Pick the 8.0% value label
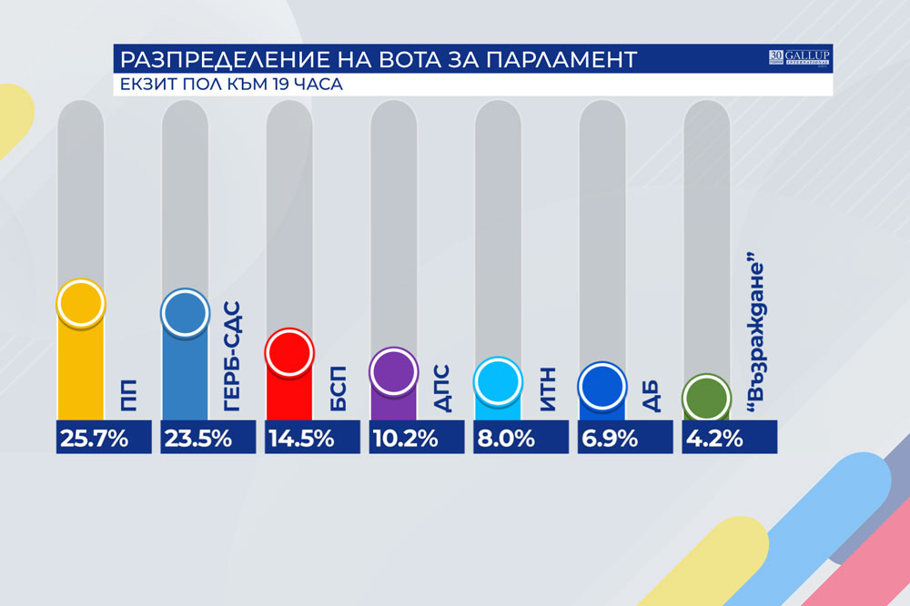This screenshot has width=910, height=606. click(x=509, y=439)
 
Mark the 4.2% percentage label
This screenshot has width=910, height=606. click(x=716, y=439)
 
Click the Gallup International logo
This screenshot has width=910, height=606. click(x=801, y=58)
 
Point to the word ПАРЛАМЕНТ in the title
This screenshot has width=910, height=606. click(x=559, y=61)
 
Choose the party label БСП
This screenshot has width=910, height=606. click(x=337, y=390)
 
